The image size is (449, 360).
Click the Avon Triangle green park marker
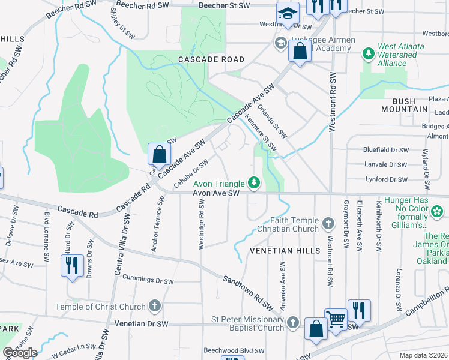pyautogui.click(x=255, y=182)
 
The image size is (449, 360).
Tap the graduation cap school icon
pyautogui.click(x=288, y=13)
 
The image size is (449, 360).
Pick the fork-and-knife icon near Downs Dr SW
pyautogui.click(x=72, y=265)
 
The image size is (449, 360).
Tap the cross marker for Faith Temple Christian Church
pyautogui.click(x=328, y=224)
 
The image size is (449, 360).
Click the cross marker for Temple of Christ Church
pyautogui.click(x=155, y=307)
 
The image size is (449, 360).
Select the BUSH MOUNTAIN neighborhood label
pyautogui.click(x=405, y=109)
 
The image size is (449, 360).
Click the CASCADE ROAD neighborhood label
pyautogui.click(x=211, y=59)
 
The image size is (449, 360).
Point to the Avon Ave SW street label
pyautogui.click(x=216, y=193)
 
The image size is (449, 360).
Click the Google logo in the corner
pyautogui.click(x=20, y=352)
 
